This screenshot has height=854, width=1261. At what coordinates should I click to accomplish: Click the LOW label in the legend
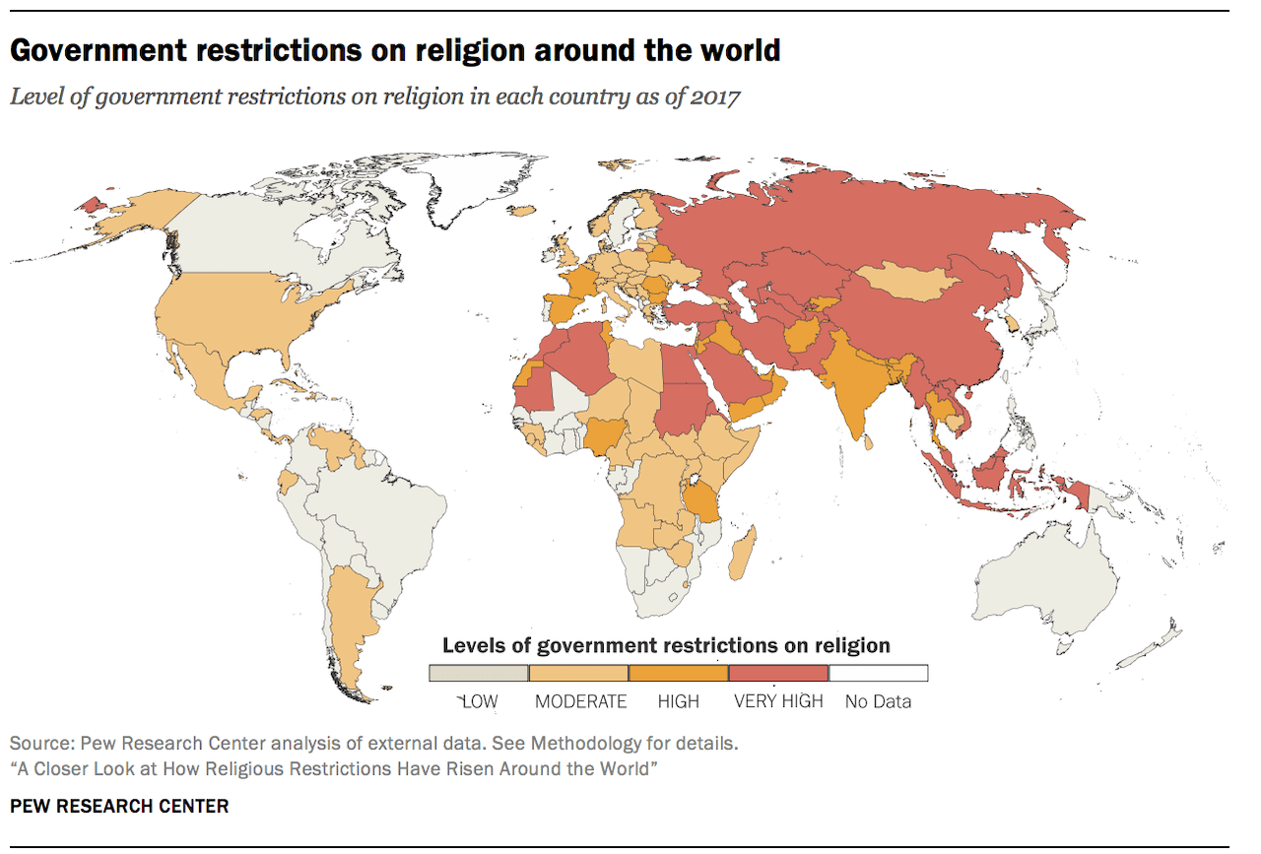pyautogui.click(x=480, y=701)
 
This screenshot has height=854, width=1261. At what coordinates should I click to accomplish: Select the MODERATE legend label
pyautogui.click(x=580, y=701)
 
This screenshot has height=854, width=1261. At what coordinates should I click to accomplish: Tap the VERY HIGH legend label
pyautogui.click(x=778, y=701)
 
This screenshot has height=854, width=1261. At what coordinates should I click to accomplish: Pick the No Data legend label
pyautogui.click(x=878, y=701)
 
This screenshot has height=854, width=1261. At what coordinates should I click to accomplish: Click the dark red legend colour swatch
pyautogui.click(x=778, y=673)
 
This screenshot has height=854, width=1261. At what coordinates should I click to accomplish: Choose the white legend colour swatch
pyautogui.click(x=878, y=673)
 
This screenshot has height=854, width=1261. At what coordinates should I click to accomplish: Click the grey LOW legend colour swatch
pyautogui.click(x=479, y=673)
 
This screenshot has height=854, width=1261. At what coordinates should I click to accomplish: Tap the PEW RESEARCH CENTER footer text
pyautogui.click(x=119, y=806)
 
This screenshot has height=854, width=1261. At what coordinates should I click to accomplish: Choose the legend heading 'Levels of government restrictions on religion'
pyautogui.click(x=666, y=646)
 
